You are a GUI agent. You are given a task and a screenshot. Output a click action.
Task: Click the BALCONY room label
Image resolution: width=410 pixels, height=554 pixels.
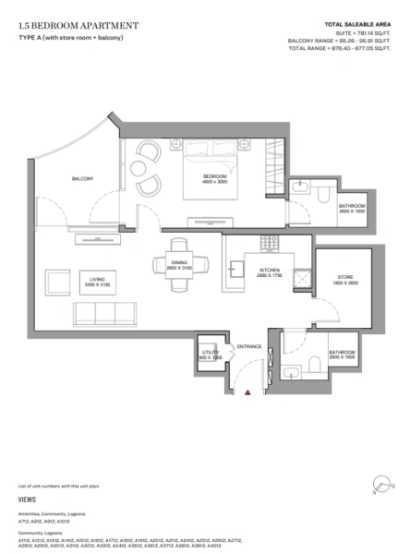[83, 179]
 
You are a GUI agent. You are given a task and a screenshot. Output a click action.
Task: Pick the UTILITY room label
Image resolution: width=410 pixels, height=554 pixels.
[211, 353]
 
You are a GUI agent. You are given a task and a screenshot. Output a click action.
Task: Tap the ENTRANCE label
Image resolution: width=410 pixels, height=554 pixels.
[249, 346]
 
